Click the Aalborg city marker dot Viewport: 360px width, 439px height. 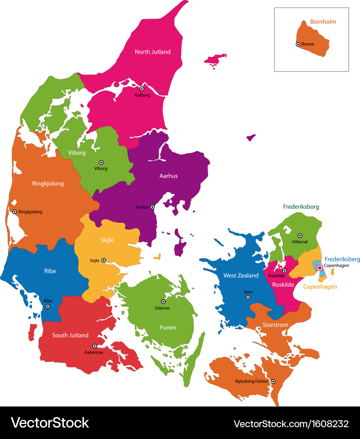[x=142, y=89]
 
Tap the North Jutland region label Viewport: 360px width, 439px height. [x=153, y=52]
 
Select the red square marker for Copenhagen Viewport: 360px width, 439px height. [x=320, y=267]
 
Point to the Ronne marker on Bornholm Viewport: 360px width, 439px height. [x=298, y=44]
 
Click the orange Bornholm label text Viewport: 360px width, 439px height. [x=323, y=22]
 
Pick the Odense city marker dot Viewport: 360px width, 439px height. [x=163, y=302]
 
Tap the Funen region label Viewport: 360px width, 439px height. [x=168, y=327]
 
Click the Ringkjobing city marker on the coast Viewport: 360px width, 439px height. [x=15, y=212]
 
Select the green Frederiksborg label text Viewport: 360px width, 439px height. [x=301, y=207]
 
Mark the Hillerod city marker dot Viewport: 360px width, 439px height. [x=300, y=235]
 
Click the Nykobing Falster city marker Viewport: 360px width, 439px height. [x=273, y=381]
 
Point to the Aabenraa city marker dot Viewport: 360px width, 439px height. [x=94, y=346]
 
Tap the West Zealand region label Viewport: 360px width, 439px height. [x=241, y=276]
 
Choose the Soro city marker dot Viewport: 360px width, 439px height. [x=248, y=298]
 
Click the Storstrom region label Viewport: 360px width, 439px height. [x=275, y=325]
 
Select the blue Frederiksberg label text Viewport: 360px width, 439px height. [x=342, y=259]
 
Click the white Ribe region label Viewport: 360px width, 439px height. [x=50, y=271]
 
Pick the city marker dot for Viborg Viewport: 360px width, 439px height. [x=101, y=162]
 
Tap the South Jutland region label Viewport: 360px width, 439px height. [x=70, y=335]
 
